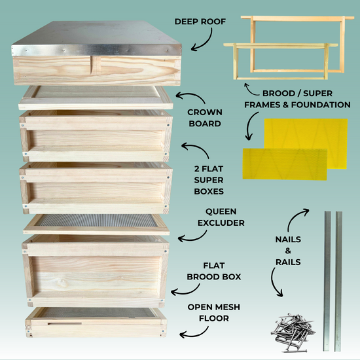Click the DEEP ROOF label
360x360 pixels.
[200, 22]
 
